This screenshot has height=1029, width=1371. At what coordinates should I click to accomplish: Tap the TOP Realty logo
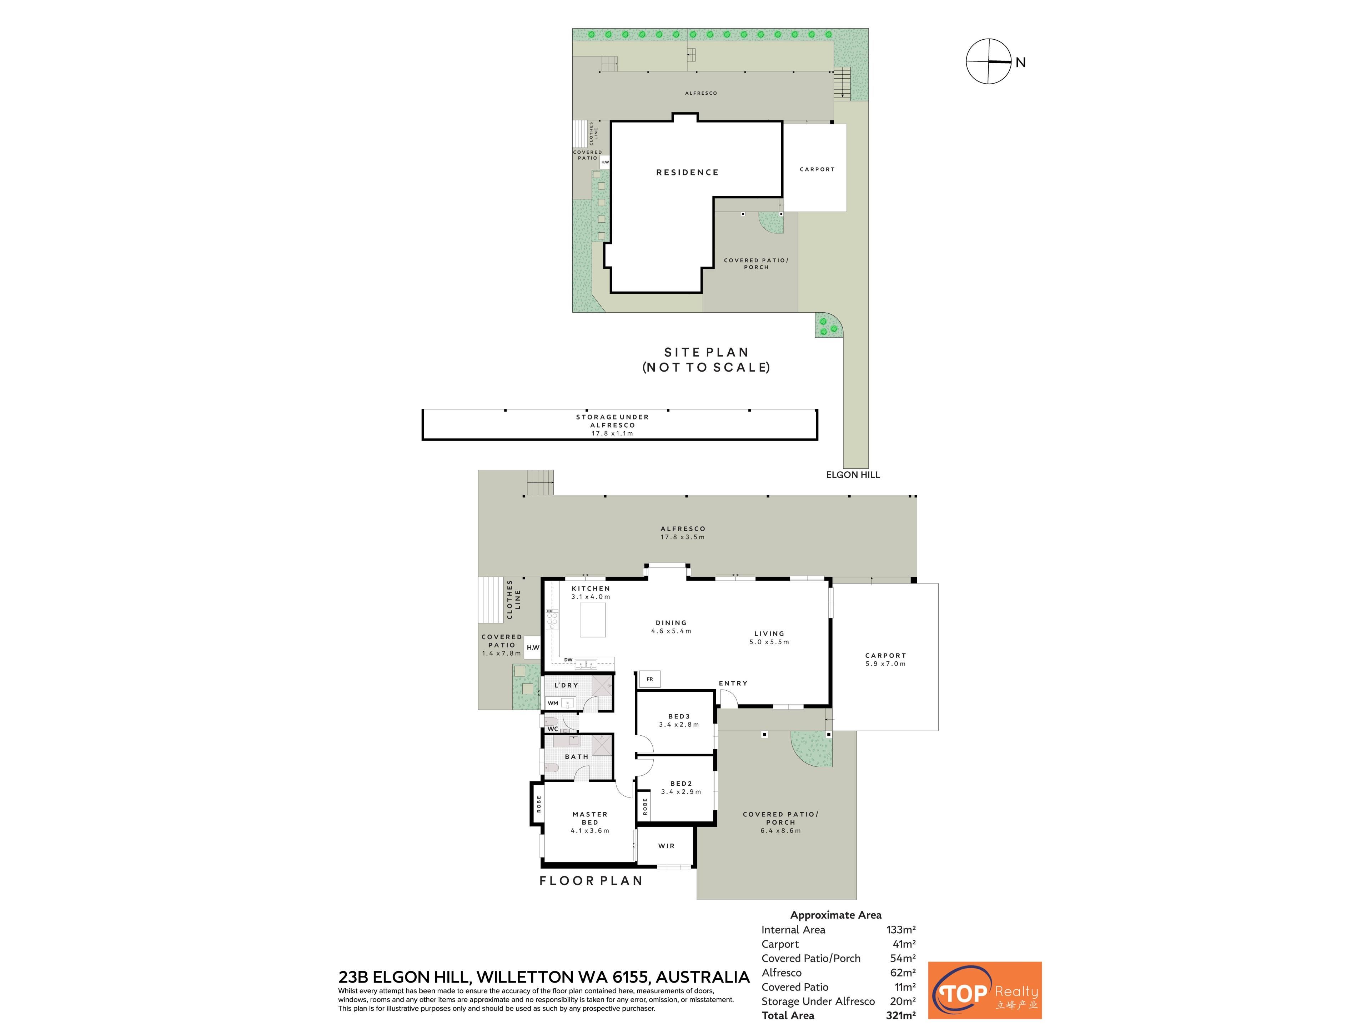tap(984, 990)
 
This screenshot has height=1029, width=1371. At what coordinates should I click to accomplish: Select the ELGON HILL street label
tap(853, 474)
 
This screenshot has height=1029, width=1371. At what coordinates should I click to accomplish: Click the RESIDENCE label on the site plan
tap(687, 173)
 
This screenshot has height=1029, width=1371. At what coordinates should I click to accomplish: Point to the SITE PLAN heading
tap(706, 352)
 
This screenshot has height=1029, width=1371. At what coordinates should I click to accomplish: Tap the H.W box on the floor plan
tap(532, 647)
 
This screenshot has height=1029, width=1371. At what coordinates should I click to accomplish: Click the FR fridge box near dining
tap(649, 679)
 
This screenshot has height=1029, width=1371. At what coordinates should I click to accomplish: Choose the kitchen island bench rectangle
tap(593, 620)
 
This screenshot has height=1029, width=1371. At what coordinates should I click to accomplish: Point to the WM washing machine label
tap(553, 704)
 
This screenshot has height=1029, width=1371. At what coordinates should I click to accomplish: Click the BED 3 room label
tap(679, 716)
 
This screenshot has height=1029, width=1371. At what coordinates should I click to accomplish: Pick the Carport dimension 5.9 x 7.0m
tap(886, 664)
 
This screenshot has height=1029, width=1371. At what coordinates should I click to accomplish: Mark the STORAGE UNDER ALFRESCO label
tap(612, 421)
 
